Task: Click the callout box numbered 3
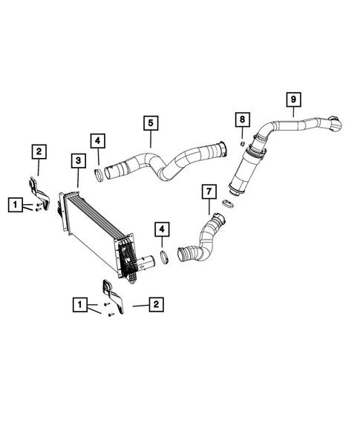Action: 77,161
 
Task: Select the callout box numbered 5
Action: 150,122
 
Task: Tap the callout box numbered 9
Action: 293,98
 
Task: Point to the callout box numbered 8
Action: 240,119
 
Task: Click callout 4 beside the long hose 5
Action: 98,141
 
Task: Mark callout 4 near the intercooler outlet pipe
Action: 161,229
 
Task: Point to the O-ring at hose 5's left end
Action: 96,175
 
